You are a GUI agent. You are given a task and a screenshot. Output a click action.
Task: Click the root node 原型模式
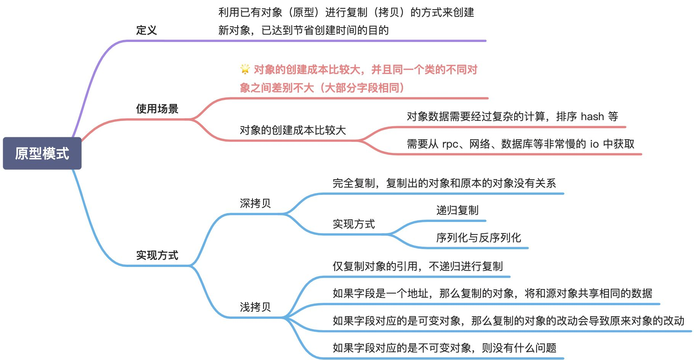[42, 153]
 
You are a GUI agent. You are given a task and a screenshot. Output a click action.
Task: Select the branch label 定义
[146, 30]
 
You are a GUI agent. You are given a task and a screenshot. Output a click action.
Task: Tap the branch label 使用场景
[157, 109]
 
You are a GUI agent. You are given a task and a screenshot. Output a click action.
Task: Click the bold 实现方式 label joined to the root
[157, 255]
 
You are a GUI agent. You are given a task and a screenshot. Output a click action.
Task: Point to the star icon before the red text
[245, 69]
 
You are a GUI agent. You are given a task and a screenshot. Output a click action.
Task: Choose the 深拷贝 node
[255, 203]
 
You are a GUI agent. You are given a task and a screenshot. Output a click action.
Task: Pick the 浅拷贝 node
[255, 307]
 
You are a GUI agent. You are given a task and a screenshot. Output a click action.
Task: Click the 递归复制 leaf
[457, 210]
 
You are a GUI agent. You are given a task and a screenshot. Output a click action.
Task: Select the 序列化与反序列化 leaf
[479, 238]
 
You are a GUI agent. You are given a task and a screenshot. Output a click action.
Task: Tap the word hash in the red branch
[592, 116]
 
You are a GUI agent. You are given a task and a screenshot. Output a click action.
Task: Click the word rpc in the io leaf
[450, 144]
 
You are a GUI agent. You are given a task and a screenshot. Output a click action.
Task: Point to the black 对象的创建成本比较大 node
[292, 130]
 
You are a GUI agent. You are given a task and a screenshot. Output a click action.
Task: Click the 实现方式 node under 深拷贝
[354, 224]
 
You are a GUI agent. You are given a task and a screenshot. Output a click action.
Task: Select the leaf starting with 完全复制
[444, 183]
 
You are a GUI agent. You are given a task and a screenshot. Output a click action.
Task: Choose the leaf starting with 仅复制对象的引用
[418, 266]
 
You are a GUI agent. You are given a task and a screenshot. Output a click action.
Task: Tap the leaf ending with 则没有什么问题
[444, 347]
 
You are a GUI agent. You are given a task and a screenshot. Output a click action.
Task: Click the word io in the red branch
[594, 144]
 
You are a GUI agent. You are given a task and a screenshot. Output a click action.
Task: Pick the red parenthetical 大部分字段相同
[362, 88]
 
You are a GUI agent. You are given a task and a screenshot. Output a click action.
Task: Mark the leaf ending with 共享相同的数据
[492, 293]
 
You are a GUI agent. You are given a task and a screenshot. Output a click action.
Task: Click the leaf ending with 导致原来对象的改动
[508, 321]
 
